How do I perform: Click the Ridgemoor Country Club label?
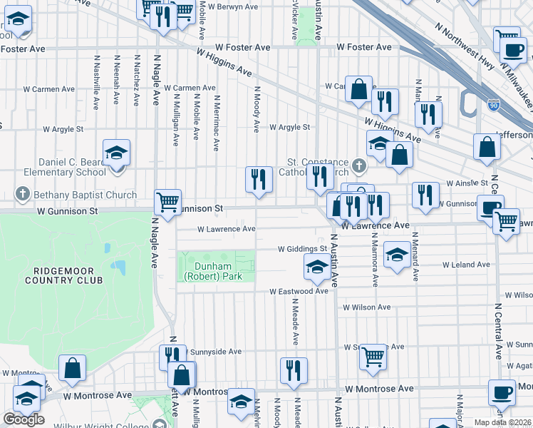(x=64, y=275)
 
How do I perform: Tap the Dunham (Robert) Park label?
(x=213, y=272)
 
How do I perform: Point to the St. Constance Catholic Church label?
(x=317, y=166)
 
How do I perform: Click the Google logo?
(x=24, y=419)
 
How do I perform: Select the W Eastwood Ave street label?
(x=299, y=291)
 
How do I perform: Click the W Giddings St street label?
(x=301, y=249)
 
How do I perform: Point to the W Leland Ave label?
(x=466, y=265)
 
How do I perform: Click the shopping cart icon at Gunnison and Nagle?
(x=167, y=202)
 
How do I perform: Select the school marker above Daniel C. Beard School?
(x=116, y=153)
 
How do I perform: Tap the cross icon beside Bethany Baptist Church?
(x=23, y=195)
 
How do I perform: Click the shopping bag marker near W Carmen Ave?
(x=359, y=90)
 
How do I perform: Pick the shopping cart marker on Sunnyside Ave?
(x=373, y=356)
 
